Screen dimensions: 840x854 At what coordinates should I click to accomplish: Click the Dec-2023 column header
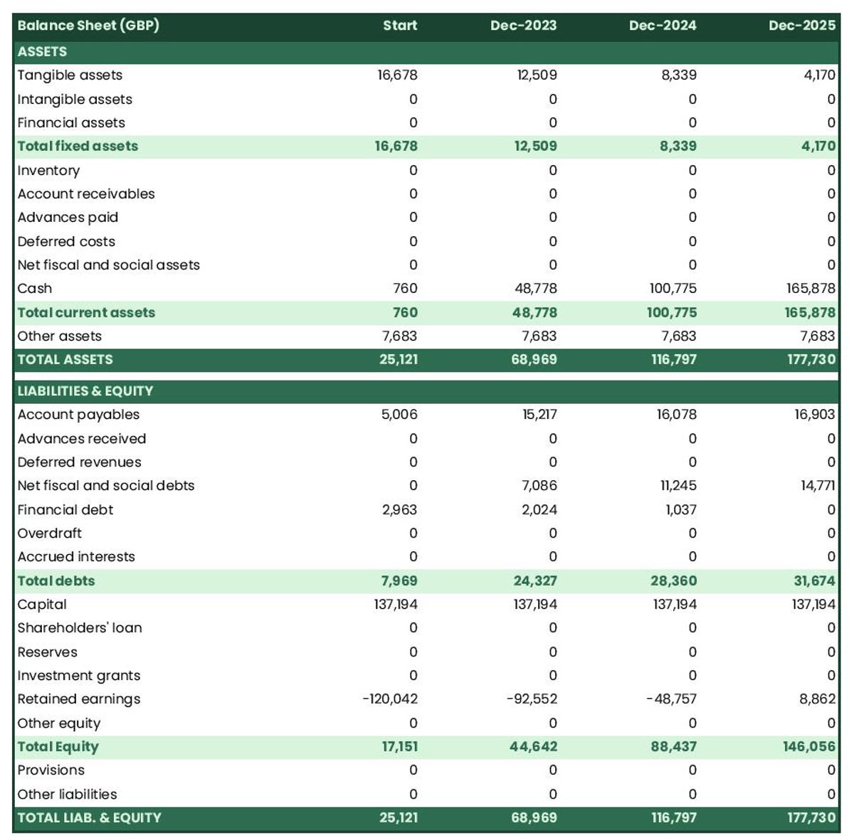pos(523,26)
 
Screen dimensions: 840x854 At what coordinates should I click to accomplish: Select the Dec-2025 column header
pos(801,26)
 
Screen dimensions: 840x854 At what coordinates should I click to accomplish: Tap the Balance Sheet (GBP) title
pos(88,26)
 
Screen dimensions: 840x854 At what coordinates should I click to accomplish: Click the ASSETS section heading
pos(43,52)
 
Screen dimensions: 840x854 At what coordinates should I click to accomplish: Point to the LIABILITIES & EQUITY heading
pos(85,391)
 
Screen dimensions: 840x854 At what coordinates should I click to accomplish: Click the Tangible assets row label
pos(70,75)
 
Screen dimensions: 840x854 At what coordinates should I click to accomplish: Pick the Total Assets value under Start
pos(399,360)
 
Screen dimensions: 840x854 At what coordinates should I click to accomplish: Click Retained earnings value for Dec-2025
pos(817,699)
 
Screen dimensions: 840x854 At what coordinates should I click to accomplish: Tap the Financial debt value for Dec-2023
pos(539,510)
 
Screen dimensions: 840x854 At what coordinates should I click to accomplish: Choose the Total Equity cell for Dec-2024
pos(673,747)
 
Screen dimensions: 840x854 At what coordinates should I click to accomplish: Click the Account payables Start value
pos(399,415)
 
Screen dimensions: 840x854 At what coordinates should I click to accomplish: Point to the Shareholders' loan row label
pos(80,628)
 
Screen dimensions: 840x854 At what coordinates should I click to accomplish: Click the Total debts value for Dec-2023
pos(535,581)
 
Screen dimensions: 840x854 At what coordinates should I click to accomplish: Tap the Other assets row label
pos(60,336)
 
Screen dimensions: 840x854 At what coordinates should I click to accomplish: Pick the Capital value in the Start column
pos(396,605)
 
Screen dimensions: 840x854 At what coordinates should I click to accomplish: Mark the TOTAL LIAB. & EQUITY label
pos(90,818)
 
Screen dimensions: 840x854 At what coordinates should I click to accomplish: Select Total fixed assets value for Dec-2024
pos(678,147)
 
